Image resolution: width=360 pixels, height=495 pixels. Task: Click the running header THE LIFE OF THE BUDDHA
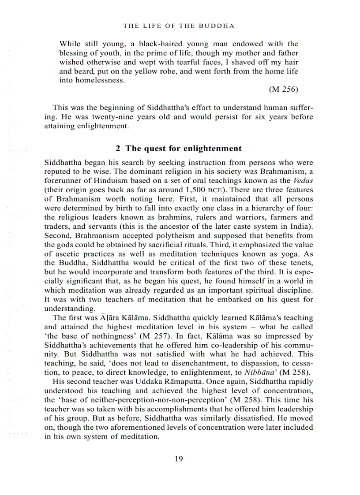pos(179,26)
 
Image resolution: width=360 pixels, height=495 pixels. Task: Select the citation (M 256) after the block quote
pos(283,89)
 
